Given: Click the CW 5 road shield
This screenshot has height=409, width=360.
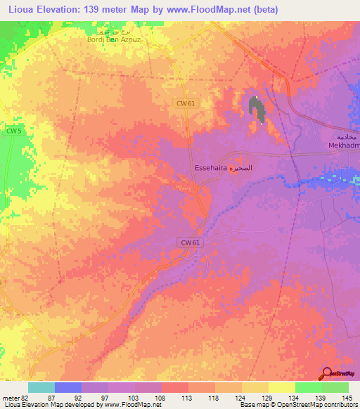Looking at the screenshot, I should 14,131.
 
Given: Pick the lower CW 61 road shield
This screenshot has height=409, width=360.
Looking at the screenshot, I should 187,242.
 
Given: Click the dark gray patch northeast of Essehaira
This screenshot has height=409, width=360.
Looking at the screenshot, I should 257,108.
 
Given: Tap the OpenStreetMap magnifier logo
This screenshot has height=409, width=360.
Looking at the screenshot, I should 328,374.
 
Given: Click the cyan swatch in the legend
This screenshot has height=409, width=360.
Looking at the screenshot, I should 41,387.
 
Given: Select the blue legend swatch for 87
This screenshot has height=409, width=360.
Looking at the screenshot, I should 68,387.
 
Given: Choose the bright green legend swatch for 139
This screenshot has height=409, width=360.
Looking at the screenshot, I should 309,387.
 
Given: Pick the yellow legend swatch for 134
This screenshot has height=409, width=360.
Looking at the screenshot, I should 282,387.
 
